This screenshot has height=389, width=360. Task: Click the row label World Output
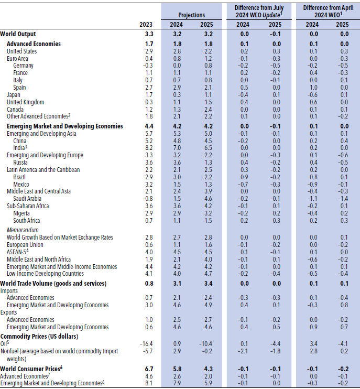coord(19,33)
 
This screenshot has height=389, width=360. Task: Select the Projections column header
coord(192,16)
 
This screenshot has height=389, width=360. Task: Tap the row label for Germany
coord(24,66)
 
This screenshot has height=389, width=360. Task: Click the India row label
coord(20,148)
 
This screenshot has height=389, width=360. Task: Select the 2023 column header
coord(146,25)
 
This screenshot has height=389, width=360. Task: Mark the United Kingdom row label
coord(25,102)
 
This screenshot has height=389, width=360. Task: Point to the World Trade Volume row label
coord(53,283)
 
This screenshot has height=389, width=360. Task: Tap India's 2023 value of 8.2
coord(148,148)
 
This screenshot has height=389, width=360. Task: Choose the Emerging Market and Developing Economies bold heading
coord(64,126)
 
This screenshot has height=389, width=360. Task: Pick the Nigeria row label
coord(22,213)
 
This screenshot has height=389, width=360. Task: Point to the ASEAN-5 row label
coord(19,252)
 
